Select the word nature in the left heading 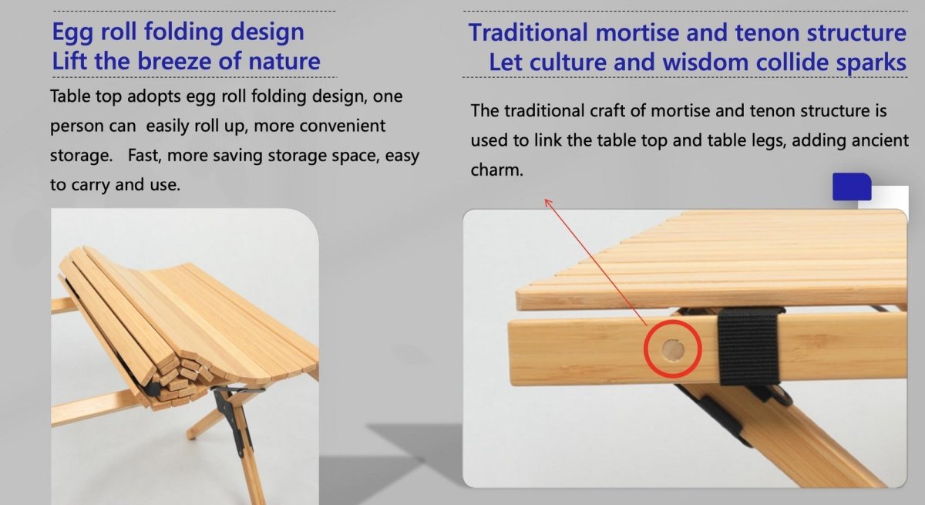(282, 61)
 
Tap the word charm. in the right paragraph (496, 170)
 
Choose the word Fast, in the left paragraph (145, 156)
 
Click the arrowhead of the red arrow (548, 202)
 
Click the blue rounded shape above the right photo (852, 187)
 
